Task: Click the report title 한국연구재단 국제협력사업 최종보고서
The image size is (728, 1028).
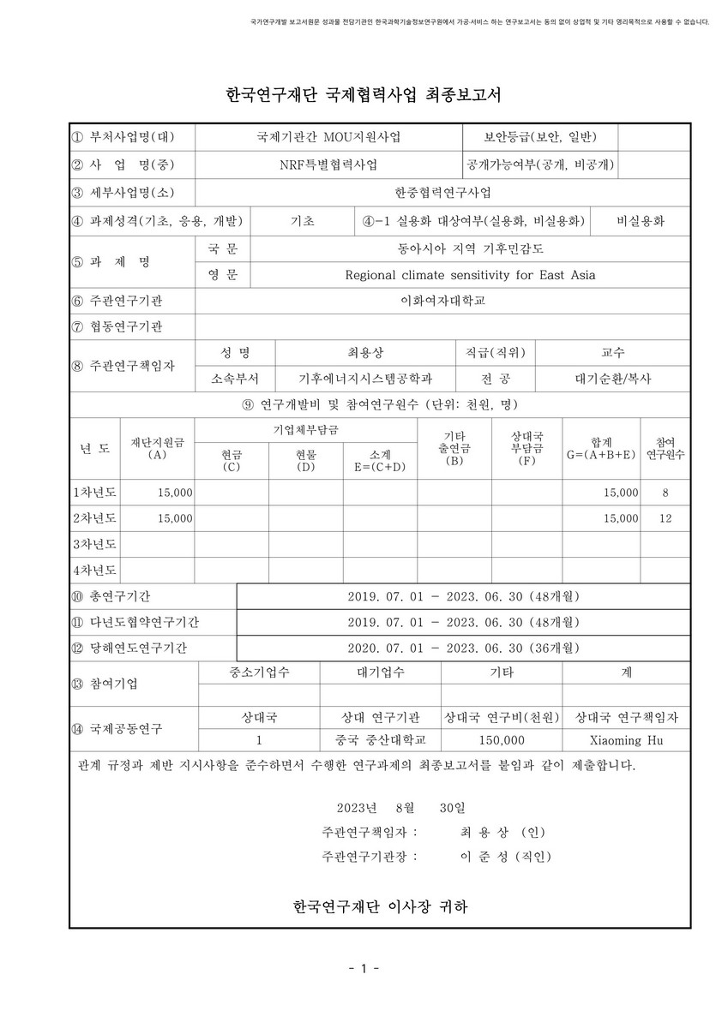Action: (x=364, y=93)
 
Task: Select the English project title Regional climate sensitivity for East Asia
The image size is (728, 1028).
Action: (x=469, y=275)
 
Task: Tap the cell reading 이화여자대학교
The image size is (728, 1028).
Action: (x=442, y=301)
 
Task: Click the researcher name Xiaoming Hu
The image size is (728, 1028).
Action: (x=627, y=739)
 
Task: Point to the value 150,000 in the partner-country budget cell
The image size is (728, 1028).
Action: (x=502, y=739)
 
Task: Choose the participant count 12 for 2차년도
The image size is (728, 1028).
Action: (x=665, y=518)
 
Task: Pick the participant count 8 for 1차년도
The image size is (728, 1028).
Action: (x=665, y=493)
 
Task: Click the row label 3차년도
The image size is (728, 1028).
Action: (x=94, y=544)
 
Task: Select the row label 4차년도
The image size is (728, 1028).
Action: (x=94, y=569)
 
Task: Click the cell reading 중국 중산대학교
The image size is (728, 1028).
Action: (x=380, y=739)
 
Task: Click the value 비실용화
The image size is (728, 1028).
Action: (x=641, y=221)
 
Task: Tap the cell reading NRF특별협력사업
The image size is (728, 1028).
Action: (x=328, y=164)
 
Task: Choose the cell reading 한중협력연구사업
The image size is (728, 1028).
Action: (x=442, y=192)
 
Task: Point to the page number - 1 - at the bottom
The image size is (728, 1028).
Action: (x=364, y=969)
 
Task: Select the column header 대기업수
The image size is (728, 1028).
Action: (x=380, y=672)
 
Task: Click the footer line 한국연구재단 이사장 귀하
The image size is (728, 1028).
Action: (x=380, y=905)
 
